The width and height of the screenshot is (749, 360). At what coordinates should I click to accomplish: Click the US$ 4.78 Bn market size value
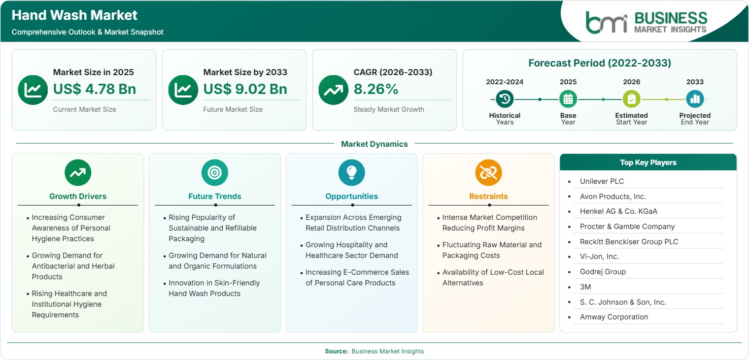click(94, 89)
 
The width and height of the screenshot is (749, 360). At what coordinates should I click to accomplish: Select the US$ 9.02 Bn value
click(245, 89)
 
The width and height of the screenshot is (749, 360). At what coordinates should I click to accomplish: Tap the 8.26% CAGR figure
click(376, 89)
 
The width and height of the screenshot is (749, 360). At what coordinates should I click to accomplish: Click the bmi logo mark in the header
click(606, 22)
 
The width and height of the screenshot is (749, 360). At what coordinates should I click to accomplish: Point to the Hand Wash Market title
click(74, 15)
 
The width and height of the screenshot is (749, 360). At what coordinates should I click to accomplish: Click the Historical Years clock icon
click(504, 99)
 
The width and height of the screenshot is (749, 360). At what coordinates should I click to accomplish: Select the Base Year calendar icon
click(568, 99)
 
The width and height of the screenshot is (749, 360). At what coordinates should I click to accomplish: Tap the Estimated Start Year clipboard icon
click(631, 99)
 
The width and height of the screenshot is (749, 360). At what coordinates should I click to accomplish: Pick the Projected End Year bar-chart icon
click(695, 99)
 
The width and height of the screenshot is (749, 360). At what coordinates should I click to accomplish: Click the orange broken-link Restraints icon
click(489, 173)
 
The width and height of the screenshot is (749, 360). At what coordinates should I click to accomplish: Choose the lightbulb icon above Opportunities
click(352, 173)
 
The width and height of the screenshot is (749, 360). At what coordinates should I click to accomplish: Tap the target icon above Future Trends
click(215, 173)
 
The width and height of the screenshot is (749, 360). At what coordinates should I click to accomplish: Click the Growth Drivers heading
click(78, 197)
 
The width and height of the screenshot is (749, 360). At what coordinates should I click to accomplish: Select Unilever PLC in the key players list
click(602, 181)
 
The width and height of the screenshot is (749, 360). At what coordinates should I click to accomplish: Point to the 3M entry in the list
click(586, 287)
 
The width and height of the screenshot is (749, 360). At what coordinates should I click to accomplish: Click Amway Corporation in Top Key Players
click(614, 317)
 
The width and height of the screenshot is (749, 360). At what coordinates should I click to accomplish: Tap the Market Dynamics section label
click(374, 144)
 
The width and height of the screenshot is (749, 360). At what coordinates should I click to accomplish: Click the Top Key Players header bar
click(648, 162)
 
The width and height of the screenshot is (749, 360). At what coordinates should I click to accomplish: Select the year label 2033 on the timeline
click(695, 82)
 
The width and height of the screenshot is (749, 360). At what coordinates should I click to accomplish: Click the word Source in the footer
click(336, 351)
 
